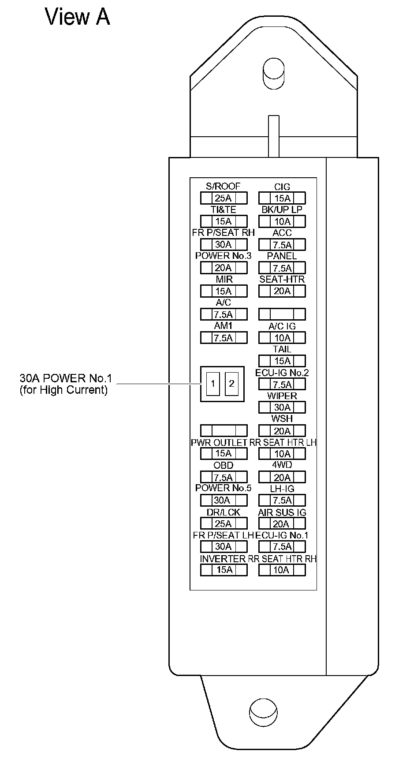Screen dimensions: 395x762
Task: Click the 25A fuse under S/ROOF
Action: (224, 198)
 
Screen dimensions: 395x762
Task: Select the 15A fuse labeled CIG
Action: (282, 198)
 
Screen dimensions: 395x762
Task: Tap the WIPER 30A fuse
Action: (282, 407)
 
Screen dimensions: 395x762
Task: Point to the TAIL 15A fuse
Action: (282, 361)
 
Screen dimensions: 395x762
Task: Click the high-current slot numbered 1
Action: (213, 384)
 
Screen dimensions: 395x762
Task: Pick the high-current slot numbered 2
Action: (231, 384)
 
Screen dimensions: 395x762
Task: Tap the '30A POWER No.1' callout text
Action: (66, 378)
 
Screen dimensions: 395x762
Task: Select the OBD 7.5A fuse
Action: (224, 477)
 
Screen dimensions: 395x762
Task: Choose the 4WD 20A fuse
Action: (282, 477)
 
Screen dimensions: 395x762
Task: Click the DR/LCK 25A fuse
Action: (224, 523)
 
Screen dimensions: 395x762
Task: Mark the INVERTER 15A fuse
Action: (224, 570)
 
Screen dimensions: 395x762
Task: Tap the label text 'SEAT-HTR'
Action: (282, 280)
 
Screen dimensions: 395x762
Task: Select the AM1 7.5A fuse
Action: (224, 338)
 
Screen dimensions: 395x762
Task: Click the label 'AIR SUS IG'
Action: (282, 512)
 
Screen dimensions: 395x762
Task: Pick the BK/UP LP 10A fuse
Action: (282, 221)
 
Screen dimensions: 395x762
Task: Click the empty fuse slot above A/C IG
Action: (282, 314)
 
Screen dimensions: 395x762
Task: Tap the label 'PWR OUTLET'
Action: (219, 442)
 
